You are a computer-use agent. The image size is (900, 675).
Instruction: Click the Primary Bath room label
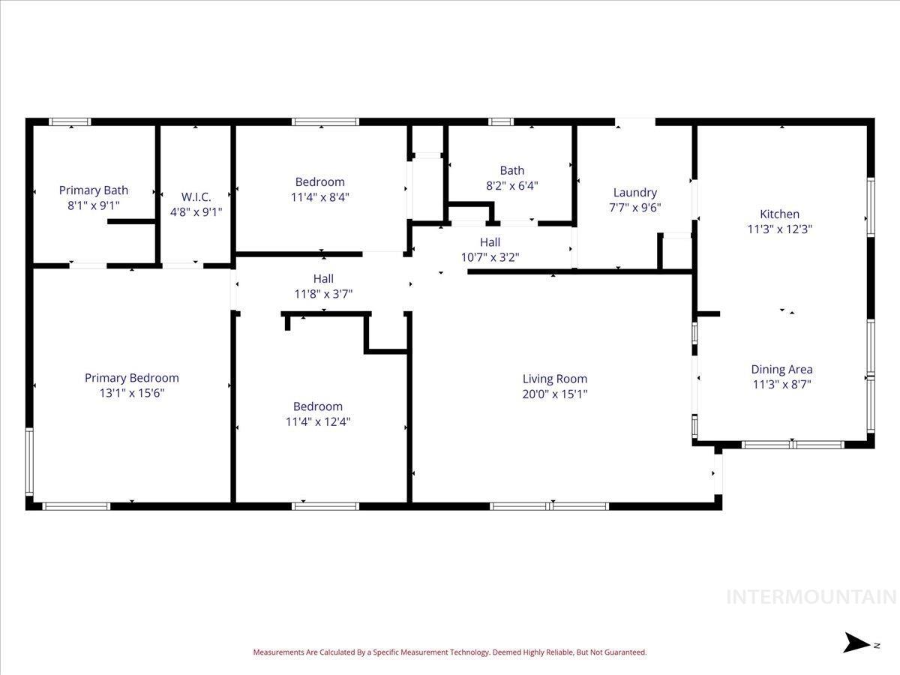tap(94, 190)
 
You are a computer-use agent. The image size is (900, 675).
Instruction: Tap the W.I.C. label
tap(196, 197)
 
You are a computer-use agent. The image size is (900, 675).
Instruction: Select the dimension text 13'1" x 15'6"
tap(131, 393)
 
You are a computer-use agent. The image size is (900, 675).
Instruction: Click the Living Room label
tap(554, 379)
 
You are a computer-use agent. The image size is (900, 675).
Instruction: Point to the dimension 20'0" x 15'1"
tap(554, 394)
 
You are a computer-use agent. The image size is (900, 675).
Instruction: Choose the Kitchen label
tap(779, 214)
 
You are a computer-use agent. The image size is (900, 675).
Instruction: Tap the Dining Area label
tap(781, 369)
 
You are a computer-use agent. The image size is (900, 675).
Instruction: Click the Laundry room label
tap(634, 193)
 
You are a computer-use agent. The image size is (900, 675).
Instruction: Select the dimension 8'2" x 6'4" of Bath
tap(512, 185)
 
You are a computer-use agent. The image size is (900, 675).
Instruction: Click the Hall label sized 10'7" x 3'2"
tap(490, 242)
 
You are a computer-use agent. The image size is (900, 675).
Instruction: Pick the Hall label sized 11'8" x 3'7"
tap(323, 279)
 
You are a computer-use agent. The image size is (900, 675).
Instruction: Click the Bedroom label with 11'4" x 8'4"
tap(319, 181)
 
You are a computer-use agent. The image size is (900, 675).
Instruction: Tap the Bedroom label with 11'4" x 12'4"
tap(317, 406)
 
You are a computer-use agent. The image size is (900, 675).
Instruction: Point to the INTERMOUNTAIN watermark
tap(811, 597)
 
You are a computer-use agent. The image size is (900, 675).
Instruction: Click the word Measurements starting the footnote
tap(278, 652)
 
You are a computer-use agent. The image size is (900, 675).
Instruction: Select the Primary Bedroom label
tap(131, 378)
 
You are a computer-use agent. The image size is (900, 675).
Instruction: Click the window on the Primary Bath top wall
tap(70, 121)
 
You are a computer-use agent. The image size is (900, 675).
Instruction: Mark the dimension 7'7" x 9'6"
tap(634, 208)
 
